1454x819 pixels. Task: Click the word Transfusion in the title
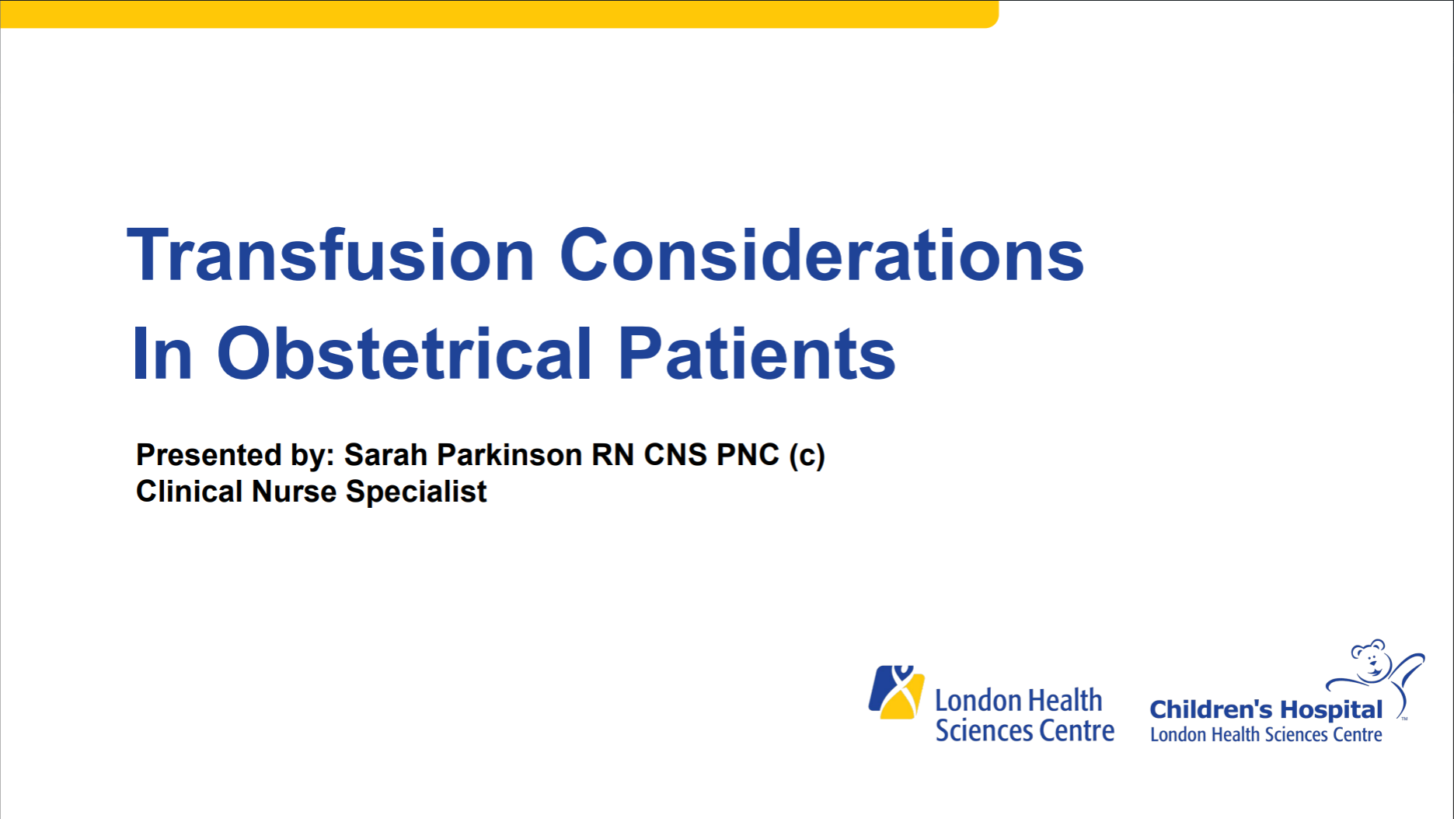point(330,255)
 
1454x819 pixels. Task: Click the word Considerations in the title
point(821,255)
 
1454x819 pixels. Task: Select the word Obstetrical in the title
point(404,354)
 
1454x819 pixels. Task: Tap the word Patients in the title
point(756,354)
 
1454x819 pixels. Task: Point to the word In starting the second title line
point(162,355)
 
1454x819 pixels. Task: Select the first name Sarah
point(385,455)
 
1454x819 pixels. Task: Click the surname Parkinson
point(509,455)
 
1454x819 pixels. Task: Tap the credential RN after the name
point(612,455)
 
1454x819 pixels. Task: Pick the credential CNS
point(675,455)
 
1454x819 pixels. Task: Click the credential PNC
point(748,455)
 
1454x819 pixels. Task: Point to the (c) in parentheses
point(807,455)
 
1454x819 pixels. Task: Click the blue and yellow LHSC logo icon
point(896,691)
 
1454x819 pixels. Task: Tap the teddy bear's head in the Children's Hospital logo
point(1371,660)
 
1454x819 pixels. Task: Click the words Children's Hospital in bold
point(1265,709)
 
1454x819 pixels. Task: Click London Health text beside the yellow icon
point(1018,701)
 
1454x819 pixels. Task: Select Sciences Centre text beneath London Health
point(1024,731)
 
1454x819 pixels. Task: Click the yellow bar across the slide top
point(497,13)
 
